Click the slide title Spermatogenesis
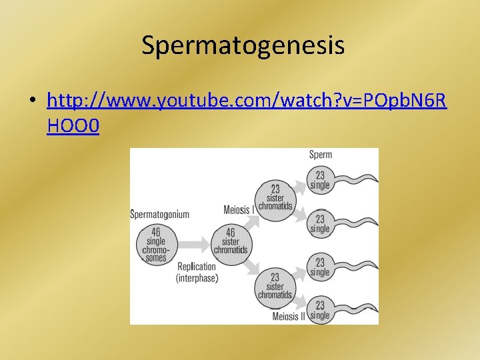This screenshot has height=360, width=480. pos(243,45)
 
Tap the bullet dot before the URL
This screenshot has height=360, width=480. pos(33,101)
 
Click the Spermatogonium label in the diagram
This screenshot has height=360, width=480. pos(159,214)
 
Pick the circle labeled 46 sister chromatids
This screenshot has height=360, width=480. pos(231,241)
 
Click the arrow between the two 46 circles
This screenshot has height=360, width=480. pos(193,243)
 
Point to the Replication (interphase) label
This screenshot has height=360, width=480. pos(197,272)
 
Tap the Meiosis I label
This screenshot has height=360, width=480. pos(237,210)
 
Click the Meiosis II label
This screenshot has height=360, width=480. pos(289,316)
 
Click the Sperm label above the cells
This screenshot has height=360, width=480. pos(320,155)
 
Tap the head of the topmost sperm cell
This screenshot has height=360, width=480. pos(321,181)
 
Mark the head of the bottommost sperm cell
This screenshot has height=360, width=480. pos(321,310)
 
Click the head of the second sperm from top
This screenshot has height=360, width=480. pos(321,223)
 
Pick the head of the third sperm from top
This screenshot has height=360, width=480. pos(321,267)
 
